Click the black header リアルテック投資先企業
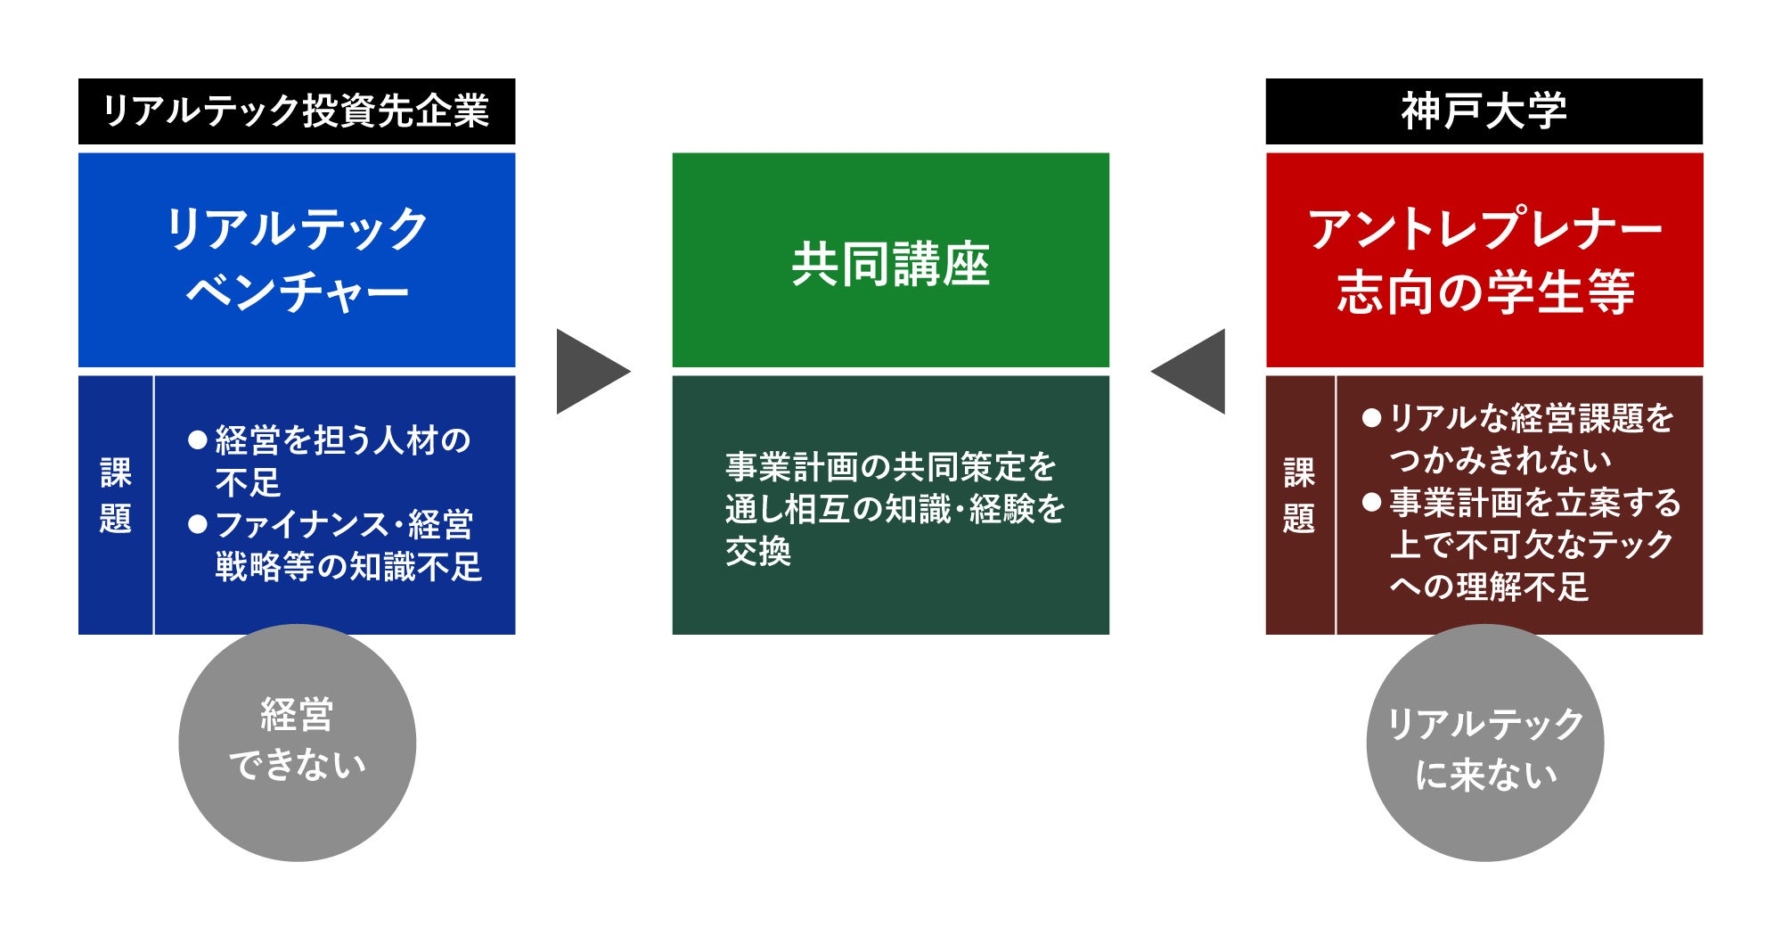point(297,111)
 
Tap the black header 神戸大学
point(1484,111)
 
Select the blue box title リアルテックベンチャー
point(297,259)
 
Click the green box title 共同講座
point(890,264)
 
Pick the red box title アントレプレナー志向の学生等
point(1484,259)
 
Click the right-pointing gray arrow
point(588,371)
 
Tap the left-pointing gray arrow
point(1192,371)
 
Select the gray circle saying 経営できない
point(297,742)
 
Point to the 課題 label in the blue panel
point(116,496)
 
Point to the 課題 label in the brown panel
point(1299,496)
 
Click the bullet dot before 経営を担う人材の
point(198,439)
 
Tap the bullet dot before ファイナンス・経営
point(198,524)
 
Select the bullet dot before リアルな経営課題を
point(1372,417)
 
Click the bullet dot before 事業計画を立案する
point(1372,502)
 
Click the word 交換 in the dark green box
point(758,552)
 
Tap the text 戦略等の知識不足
point(348,567)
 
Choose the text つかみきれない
point(1500,460)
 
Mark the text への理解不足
point(1489,587)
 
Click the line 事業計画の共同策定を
point(890,466)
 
